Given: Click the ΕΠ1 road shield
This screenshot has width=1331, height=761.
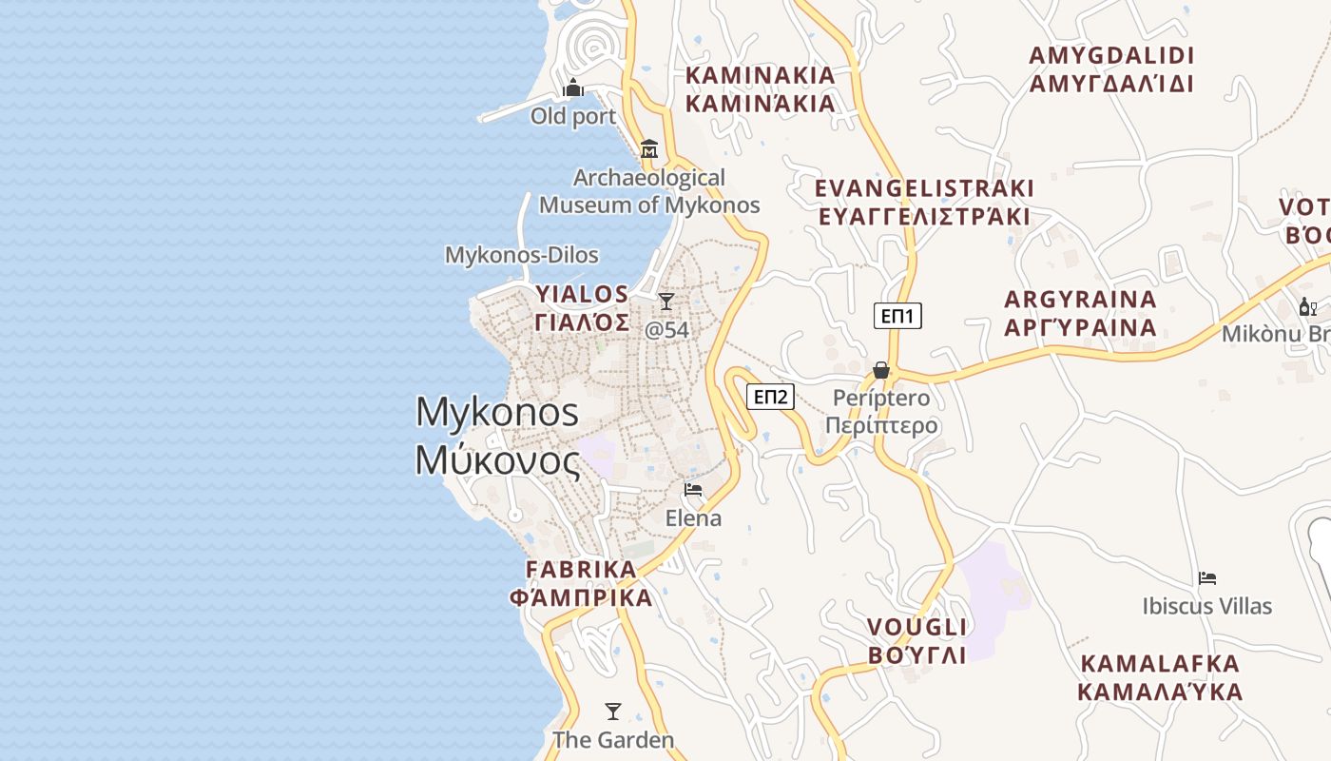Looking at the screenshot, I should point(897,316).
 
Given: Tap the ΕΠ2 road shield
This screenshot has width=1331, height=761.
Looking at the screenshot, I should point(770,397).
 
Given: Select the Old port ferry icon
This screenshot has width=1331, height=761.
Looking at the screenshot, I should point(573,88).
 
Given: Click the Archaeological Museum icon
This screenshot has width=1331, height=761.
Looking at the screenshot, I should point(649,148).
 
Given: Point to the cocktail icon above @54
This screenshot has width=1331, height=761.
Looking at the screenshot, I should point(666,302).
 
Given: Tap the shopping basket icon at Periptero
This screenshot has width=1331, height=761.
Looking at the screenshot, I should point(881,370).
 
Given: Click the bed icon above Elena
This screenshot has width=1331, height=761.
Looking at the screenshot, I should point(693,490).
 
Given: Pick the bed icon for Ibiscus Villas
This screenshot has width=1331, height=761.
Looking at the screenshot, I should point(1207,577).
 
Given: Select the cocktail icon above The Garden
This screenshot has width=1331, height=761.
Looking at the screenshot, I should point(613,711).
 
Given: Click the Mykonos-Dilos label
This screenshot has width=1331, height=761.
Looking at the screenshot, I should point(522,255).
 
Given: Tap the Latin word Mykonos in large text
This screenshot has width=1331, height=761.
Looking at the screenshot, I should point(497,412).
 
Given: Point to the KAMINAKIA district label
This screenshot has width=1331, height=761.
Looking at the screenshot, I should point(761,75).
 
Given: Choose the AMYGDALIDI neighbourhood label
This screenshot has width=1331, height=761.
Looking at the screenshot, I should point(1111,55).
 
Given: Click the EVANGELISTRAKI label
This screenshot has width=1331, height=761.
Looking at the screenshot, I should point(924,188).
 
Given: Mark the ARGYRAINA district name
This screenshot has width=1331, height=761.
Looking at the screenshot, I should point(1081,300).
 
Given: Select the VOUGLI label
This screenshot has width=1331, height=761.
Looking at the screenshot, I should point(917,627).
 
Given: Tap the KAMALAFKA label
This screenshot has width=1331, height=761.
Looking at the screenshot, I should point(1160,663).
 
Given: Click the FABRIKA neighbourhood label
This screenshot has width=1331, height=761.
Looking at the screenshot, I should point(581,569).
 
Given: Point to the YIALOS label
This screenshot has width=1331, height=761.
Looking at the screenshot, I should point(582,293).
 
